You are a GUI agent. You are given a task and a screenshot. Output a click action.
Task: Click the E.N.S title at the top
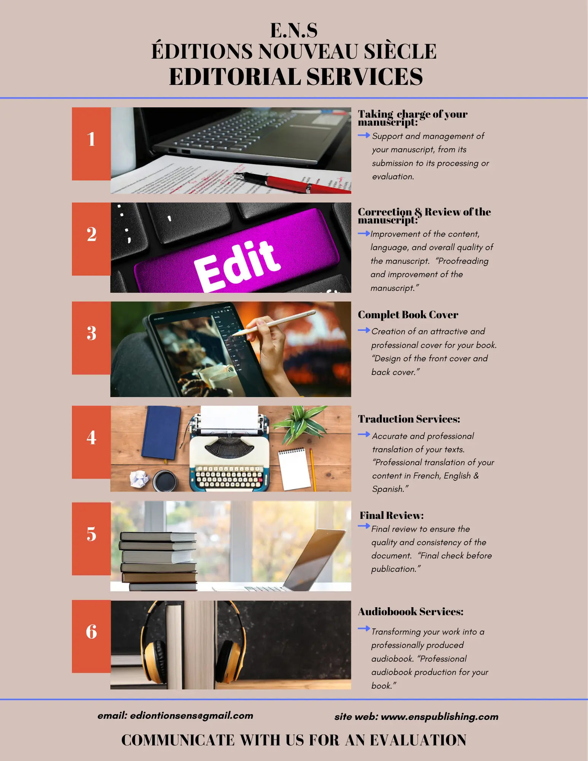[x=294, y=30]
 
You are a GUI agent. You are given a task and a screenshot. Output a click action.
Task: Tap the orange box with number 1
[x=91, y=144]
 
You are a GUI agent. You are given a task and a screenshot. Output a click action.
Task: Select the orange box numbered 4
[x=91, y=442]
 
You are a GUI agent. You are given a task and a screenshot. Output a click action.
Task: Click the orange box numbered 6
[x=91, y=637]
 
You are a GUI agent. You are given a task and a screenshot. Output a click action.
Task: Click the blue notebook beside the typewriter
[x=161, y=432]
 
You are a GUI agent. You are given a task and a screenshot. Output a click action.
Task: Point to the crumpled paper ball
[x=139, y=479]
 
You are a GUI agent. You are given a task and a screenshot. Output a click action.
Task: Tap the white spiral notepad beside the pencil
[x=294, y=469]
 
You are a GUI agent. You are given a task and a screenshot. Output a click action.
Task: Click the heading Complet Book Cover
[x=408, y=315]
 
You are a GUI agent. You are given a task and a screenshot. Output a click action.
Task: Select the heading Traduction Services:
[x=409, y=419]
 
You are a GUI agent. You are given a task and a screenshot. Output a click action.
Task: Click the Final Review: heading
[x=392, y=515]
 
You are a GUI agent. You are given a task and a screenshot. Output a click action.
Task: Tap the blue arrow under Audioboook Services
[x=364, y=628]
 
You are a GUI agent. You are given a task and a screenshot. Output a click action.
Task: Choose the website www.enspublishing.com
[x=440, y=717]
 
